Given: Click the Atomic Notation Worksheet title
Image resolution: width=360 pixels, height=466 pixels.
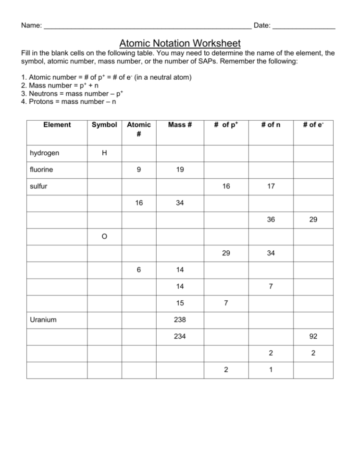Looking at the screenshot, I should coord(180,44).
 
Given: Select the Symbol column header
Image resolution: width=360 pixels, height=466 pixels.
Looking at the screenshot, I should coord(104,125).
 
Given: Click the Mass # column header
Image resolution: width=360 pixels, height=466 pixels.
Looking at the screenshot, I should coord(180,125).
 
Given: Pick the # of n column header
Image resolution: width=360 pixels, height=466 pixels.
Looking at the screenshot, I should coord(271,125).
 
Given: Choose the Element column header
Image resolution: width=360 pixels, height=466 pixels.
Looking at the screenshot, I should coord(57,125).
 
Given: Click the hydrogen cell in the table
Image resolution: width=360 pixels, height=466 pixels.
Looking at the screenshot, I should coord(45,153).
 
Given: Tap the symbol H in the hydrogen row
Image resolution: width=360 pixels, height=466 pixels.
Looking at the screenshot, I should coord(104,153).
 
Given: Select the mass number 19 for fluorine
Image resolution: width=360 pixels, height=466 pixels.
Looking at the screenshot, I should coord(180,170).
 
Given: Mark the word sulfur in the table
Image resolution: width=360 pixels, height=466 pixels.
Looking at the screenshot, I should coord(38,186).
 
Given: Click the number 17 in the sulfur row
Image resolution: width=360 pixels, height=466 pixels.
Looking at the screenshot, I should coord(271,186).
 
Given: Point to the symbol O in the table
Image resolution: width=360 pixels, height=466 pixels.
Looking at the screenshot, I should coord(104,236).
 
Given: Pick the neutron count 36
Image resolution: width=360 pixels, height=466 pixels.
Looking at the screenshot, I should coord(271,220).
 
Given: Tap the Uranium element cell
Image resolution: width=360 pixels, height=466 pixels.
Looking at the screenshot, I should coord(43,319).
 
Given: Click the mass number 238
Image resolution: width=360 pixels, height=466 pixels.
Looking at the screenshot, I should coord(180,319).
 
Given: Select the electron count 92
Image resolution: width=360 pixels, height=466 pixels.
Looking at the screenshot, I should coord(313,336).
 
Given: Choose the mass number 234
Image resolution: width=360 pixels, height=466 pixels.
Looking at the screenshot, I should coord(180,336).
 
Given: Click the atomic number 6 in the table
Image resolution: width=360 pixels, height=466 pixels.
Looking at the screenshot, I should coord(138,270).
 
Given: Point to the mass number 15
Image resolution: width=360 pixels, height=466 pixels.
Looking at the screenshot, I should coord(180,303).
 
